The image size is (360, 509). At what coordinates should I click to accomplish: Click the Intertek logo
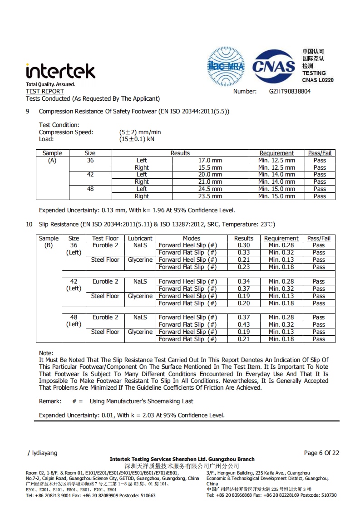(60, 71)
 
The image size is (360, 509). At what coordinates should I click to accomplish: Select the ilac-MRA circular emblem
(226, 67)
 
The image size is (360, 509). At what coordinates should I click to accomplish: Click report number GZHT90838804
(290, 91)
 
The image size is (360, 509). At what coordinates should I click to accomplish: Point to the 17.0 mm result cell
(210, 161)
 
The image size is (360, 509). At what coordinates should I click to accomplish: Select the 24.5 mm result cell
(210, 189)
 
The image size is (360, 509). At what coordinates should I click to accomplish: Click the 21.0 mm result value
(210, 182)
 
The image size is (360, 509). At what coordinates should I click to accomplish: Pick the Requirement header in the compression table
(276, 153)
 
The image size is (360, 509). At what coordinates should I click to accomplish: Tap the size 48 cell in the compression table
(90, 189)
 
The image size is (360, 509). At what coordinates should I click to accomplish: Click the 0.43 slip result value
(244, 325)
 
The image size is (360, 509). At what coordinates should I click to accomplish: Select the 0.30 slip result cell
(244, 245)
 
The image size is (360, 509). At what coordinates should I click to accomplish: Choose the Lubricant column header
(140, 238)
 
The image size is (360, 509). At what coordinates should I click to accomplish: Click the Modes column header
(192, 238)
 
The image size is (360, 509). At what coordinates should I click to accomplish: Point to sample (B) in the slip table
(49, 245)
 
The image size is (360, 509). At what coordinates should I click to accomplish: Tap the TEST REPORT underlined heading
(45, 91)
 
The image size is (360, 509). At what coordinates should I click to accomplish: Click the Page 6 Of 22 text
(321, 453)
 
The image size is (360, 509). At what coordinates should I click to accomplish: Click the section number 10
(29, 225)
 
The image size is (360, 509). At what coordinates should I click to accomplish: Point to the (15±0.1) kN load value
(137, 139)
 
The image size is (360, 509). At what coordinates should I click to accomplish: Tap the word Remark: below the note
(50, 401)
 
